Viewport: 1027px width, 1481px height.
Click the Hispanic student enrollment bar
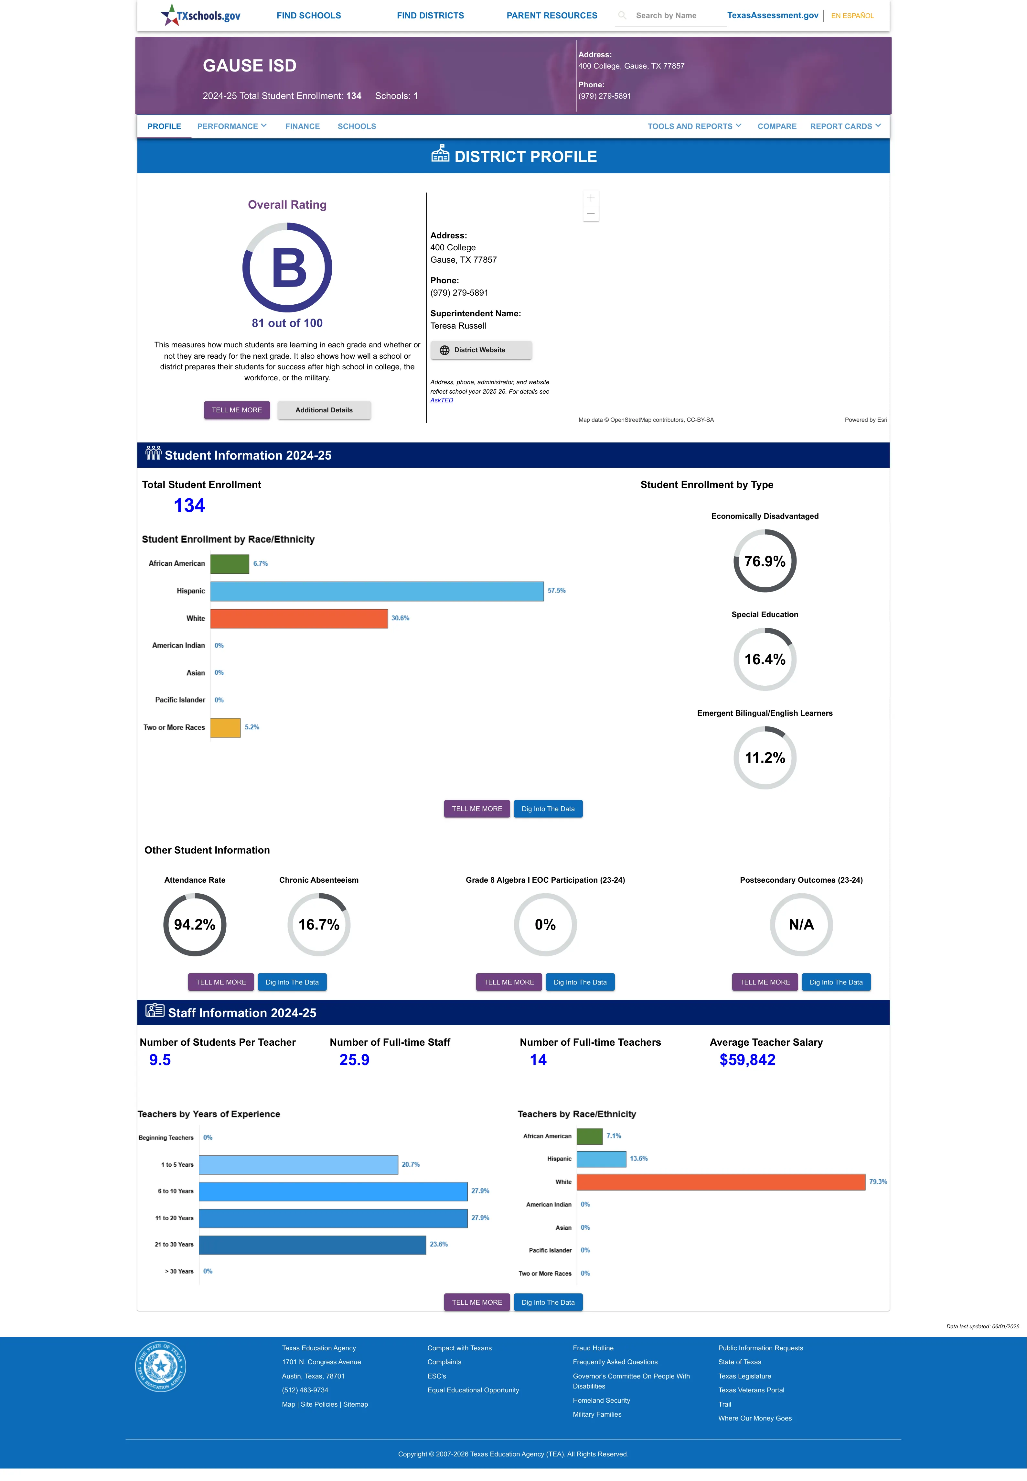coord(377,591)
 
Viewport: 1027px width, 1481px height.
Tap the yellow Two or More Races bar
coord(225,727)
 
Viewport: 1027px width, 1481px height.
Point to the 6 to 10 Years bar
coord(333,1191)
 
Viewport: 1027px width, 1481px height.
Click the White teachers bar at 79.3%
coord(721,1182)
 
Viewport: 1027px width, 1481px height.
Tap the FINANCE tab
coord(303,126)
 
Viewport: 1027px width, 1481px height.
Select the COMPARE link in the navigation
coord(777,126)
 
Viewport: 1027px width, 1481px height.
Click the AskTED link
coord(442,400)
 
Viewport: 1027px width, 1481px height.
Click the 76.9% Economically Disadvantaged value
coord(765,561)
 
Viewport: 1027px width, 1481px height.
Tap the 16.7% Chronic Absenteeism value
coord(318,924)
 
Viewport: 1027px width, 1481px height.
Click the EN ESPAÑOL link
coord(852,16)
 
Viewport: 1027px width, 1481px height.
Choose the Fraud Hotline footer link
coord(593,1348)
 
